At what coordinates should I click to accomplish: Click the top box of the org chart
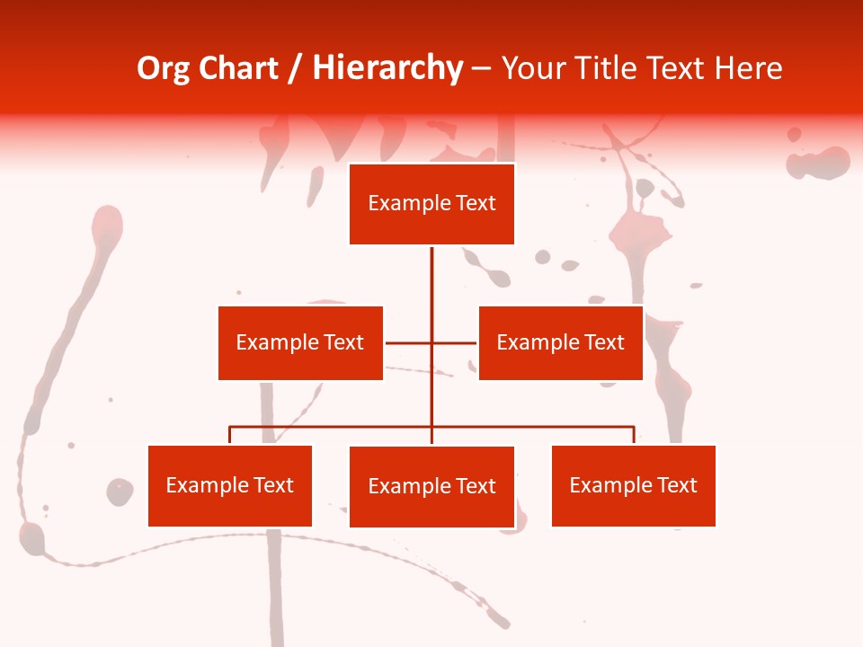(431, 204)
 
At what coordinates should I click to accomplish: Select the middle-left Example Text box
(300, 342)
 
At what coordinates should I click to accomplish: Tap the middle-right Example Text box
(560, 342)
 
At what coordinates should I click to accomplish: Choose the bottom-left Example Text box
(230, 485)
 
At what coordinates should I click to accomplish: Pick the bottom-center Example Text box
(431, 486)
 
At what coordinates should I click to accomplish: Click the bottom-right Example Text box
(633, 485)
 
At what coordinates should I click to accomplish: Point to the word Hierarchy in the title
(387, 68)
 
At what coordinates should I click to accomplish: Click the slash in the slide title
(295, 69)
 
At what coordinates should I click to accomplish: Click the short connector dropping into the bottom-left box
(230, 435)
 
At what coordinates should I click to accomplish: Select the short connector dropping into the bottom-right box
(634, 435)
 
